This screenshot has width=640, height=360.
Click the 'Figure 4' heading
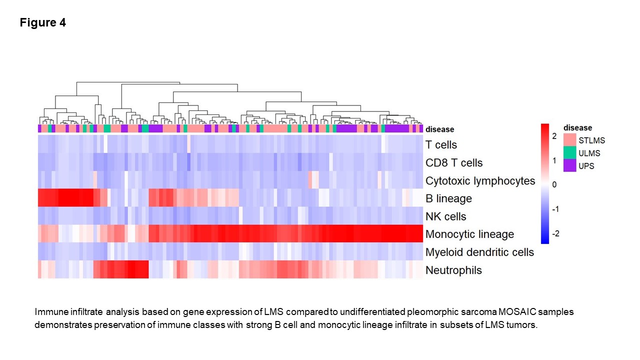click(x=43, y=22)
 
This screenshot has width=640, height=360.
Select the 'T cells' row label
click(x=441, y=145)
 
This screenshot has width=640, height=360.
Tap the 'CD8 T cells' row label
click(x=454, y=163)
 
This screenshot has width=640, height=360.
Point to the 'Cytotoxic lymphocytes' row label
click(x=480, y=181)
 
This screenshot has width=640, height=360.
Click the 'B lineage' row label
click(x=448, y=198)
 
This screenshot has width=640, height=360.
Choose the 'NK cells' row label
click(x=445, y=216)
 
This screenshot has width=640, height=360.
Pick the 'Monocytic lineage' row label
click(x=469, y=234)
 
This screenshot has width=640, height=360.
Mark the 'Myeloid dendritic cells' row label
click(x=479, y=252)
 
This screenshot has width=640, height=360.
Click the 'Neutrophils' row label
click(x=453, y=270)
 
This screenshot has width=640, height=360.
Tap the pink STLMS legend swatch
click(x=569, y=140)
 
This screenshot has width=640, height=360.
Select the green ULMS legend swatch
click(x=569, y=152)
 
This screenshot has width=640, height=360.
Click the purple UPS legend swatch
click(x=569, y=165)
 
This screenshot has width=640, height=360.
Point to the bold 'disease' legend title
click(x=577, y=127)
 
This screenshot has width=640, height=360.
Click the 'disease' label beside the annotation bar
click(x=439, y=129)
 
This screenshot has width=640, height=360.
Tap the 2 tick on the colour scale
click(x=554, y=136)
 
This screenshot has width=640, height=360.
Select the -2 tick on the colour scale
click(x=555, y=234)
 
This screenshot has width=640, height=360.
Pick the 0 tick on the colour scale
click(x=554, y=184)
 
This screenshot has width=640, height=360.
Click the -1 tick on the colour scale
click(x=555, y=209)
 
